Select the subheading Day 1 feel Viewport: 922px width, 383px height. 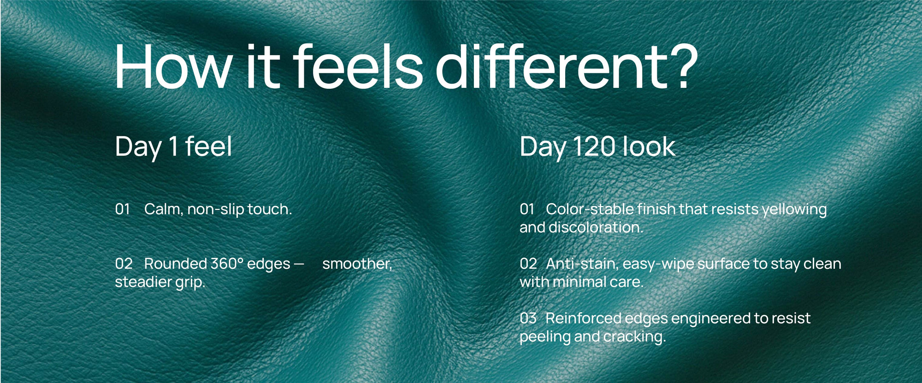pyautogui.click(x=173, y=147)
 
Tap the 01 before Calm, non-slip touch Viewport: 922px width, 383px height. pyautogui.click(x=123, y=209)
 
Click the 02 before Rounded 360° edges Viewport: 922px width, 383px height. pyautogui.click(x=124, y=264)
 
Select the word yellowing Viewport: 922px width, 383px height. pyautogui.click(x=794, y=210)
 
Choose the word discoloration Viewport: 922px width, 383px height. pyautogui.click(x=596, y=227)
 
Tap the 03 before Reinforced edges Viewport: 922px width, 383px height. pyautogui.click(x=528, y=318)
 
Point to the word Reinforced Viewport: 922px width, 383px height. pyautogui.click(x=583, y=318)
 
